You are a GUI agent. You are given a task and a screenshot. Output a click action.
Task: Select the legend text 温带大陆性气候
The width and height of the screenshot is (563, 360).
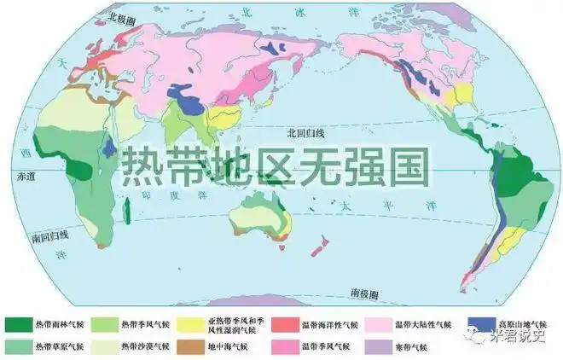(x=431, y=325)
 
